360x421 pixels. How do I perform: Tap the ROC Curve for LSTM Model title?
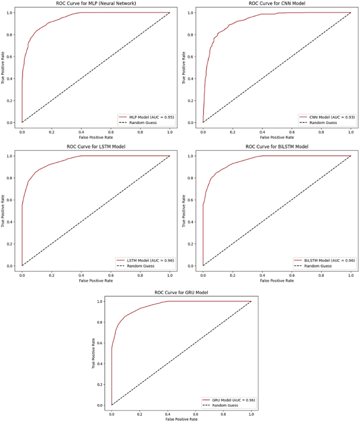(x=96, y=147)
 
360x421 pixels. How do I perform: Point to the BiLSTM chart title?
(x=276, y=147)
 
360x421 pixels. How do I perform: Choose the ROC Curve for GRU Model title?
(x=181, y=292)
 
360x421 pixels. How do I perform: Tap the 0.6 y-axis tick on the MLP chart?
(x=9, y=56)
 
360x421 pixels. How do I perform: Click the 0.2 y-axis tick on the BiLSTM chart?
(x=191, y=244)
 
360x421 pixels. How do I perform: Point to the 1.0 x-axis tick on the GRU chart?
(x=251, y=414)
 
